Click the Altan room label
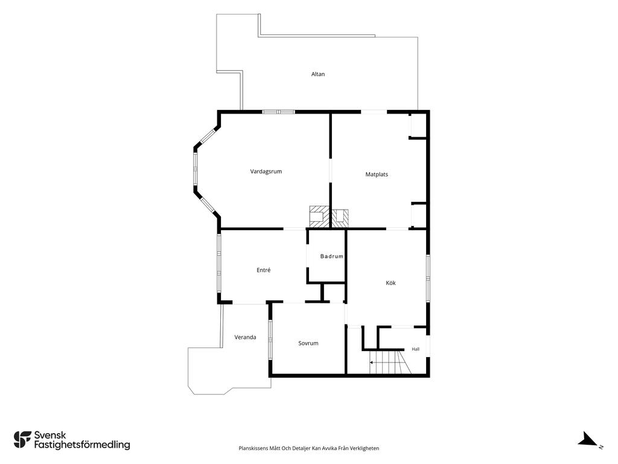[x=318, y=74]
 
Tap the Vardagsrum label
[x=266, y=172]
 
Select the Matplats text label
[x=377, y=175]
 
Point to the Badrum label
[x=332, y=256]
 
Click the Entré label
[x=264, y=270]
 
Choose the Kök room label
[x=390, y=283]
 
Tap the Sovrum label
[x=308, y=343]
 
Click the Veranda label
[x=245, y=337]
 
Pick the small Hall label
[x=415, y=349]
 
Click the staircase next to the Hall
[x=390, y=362]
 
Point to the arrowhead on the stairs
[x=371, y=362]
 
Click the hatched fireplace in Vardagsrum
[x=319, y=217]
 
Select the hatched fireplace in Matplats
[x=340, y=217]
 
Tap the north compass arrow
[x=588, y=439]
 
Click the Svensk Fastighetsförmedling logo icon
[x=22, y=440]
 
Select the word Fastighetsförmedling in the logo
[x=82, y=445]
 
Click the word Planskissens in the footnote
[x=253, y=449]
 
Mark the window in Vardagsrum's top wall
[x=279, y=112]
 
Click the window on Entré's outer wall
[x=219, y=263]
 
